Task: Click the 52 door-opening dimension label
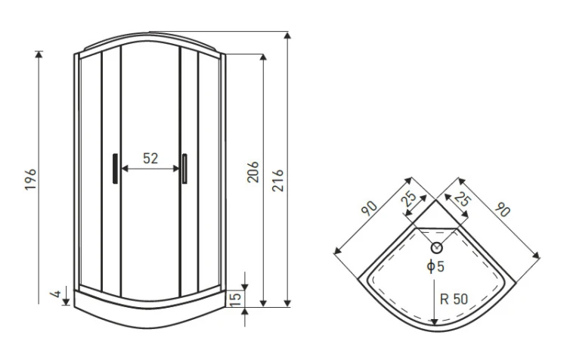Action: (150, 158)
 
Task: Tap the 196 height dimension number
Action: (30, 179)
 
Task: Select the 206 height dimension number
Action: (253, 172)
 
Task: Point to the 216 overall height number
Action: (277, 181)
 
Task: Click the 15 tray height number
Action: (235, 299)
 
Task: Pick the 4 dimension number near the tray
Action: (56, 293)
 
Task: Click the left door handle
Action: (115, 169)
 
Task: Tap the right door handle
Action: (184, 169)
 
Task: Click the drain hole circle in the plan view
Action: (437, 247)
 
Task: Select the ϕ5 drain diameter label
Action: (435, 266)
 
